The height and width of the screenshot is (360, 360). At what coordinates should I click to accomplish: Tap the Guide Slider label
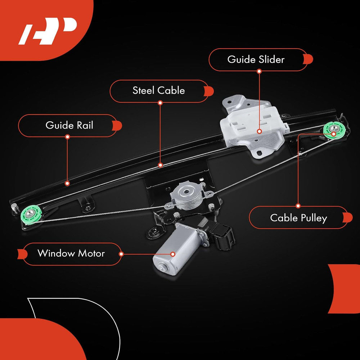(256, 59)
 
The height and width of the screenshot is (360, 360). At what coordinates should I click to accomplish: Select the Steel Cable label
(158, 90)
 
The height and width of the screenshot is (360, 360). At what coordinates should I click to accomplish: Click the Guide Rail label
(69, 125)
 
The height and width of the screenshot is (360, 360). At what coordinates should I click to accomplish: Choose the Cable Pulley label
(298, 217)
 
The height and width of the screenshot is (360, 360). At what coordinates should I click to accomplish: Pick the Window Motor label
(71, 253)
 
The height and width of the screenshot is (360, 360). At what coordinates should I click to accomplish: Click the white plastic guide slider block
(252, 122)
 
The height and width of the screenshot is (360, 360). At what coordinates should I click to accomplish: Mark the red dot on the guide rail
(67, 183)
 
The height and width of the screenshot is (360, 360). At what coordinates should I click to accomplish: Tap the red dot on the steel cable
(160, 165)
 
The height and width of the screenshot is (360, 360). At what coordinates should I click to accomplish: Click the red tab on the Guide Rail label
(117, 125)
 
